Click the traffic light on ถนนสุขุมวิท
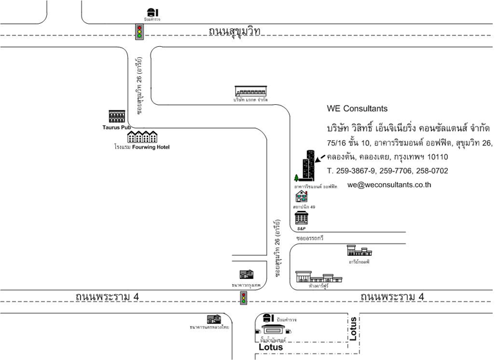click(139, 32)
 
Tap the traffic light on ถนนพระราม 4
click(244, 298)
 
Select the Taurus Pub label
click(116, 127)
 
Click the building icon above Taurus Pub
click(116, 116)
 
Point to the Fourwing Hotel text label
click(151, 147)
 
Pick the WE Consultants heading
click(357, 109)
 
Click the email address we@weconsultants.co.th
click(389, 184)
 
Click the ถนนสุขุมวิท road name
click(235, 30)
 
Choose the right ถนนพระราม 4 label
click(392, 297)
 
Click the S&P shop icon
click(301, 218)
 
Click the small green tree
click(296, 178)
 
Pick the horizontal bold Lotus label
click(270, 347)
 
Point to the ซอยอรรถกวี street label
click(309, 239)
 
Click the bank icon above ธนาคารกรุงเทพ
click(246, 275)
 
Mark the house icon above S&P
click(301, 197)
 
